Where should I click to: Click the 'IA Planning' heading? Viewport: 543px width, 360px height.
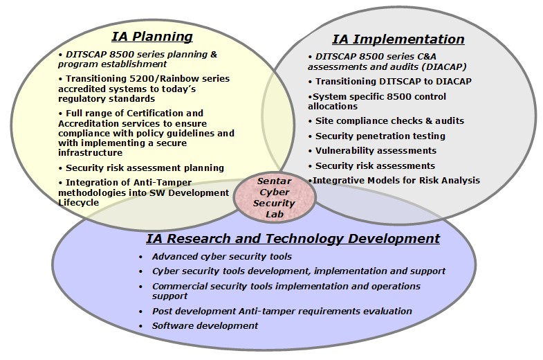pos(152,37)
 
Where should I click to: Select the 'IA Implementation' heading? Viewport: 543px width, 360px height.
pos(398,39)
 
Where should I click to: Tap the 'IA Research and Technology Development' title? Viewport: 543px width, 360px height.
pos(293,239)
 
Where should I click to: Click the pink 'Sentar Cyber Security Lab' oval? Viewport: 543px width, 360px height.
pos(275,197)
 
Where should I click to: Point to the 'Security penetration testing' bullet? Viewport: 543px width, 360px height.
pos(377,136)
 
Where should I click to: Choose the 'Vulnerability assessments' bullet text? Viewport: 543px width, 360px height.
pos(372,151)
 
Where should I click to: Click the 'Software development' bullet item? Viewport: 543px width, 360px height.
pos(205,325)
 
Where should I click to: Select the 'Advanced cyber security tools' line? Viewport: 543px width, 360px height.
pos(221,257)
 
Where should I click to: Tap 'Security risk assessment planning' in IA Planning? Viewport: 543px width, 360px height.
pos(141,168)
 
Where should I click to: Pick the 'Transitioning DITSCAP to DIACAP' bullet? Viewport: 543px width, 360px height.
pos(390,82)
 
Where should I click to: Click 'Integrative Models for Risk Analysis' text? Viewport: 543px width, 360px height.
pos(394,181)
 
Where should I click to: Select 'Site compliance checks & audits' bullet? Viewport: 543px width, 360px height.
pos(386,121)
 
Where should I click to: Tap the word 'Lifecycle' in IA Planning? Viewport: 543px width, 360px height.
pos(79,203)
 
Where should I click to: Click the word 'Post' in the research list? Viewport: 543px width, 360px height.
pos(161,311)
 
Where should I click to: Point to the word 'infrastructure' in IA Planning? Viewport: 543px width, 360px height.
pos(91,153)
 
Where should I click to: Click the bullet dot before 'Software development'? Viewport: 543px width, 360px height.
pos(140,326)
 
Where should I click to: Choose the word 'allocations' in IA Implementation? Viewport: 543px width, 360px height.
pos(333,107)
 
